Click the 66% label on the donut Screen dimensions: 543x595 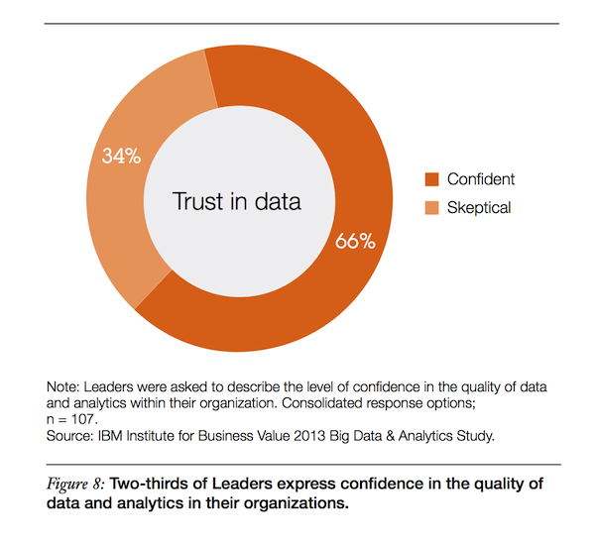coord(354,241)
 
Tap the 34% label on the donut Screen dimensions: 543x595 coord(121,156)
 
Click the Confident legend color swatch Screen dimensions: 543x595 coord(431,179)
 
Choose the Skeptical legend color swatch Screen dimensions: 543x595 coord(431,207)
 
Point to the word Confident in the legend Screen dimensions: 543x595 coord(481,179)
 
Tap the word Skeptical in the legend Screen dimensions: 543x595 coord(480,207)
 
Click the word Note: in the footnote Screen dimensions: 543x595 coord(64,385)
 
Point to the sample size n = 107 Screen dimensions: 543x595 coord(74,417)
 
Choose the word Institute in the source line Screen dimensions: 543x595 coord(162,433)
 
